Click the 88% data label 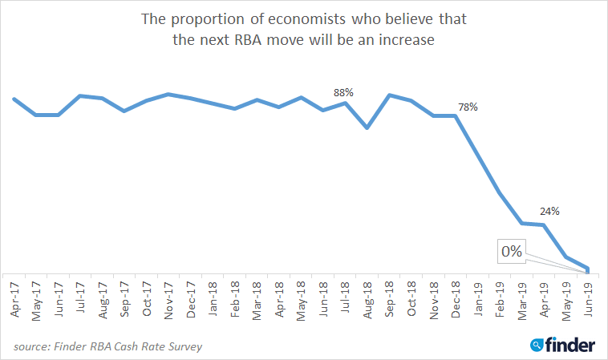345,92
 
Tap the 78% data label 468,107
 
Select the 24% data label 549,212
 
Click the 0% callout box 511,252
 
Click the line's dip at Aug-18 367,127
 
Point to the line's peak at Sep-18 389,95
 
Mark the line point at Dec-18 456,115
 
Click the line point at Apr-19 544,225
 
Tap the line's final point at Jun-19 588,269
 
